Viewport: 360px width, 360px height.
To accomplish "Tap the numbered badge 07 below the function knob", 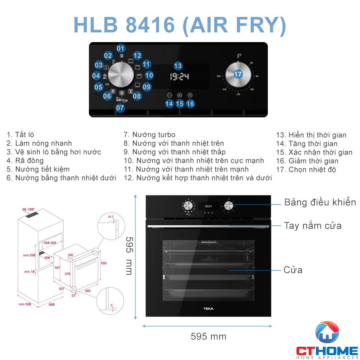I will [x=120, y=108].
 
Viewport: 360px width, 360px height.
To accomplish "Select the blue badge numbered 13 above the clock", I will [x=178, y=66].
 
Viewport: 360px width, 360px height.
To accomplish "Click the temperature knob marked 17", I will [x=238, y=75].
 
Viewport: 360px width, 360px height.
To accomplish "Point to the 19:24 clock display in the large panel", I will [x=179, y=77].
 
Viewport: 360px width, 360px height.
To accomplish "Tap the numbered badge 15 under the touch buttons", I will [x=180, y=104].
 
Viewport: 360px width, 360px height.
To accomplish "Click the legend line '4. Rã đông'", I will [x=25, y=161].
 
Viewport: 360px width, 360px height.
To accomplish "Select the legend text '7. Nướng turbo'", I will [x=149, y=135].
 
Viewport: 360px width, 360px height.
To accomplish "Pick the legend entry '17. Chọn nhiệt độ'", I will [x=306, y=170].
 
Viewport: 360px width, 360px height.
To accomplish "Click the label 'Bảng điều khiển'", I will [x=320, y=202].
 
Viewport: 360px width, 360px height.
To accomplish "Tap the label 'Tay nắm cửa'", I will [x=313, y=226].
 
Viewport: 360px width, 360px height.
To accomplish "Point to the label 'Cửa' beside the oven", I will [x=293, y=270].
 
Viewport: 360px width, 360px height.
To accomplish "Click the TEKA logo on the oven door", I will [x=208, y=309].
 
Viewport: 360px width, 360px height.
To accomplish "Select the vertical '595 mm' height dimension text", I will [x=129, y=256].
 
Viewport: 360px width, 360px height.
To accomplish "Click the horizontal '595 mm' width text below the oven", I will [x=208, y=337].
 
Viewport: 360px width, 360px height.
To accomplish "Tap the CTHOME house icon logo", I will [x=327, y=333].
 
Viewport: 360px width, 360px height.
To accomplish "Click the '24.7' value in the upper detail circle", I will [x=111, y=217].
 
